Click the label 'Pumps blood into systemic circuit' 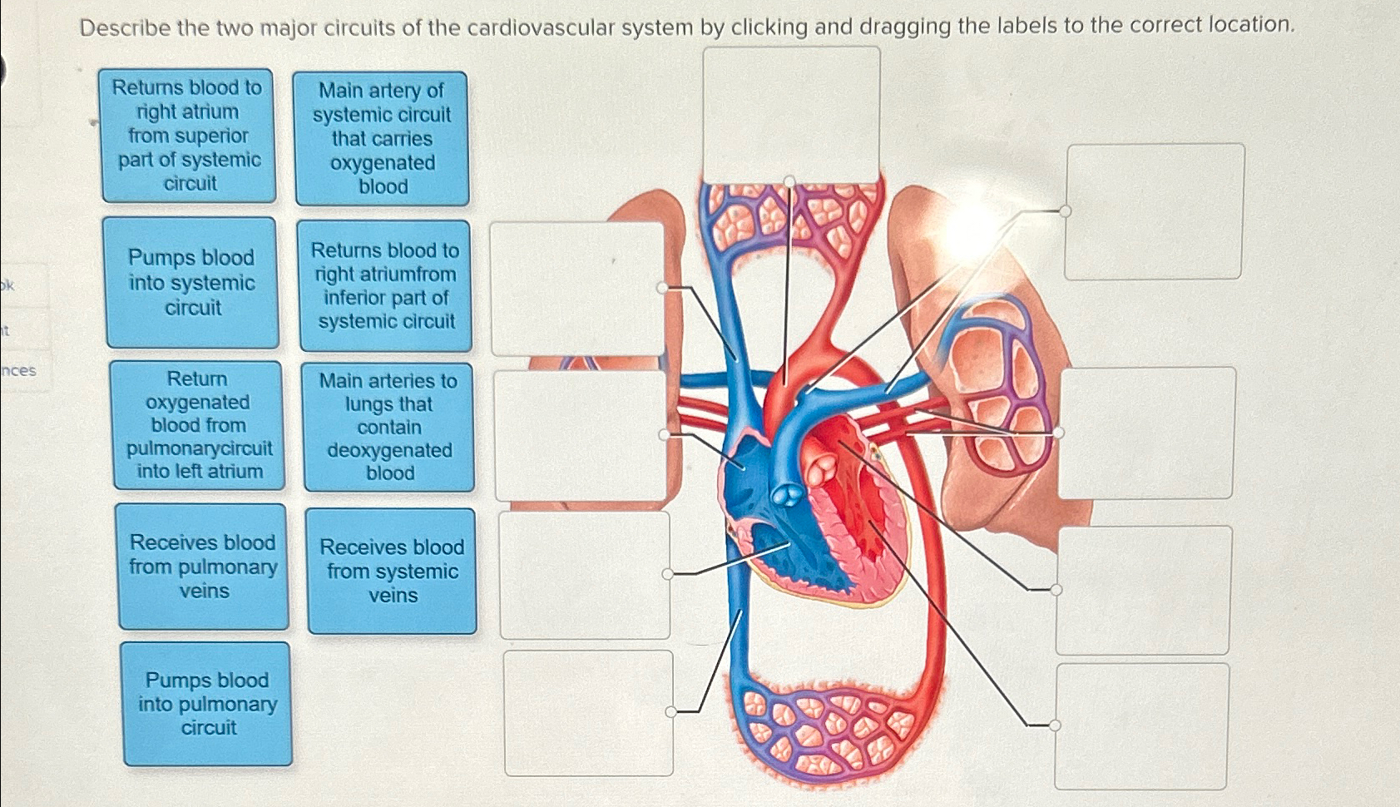coord(191,283)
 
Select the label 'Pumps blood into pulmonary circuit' coord(207,704)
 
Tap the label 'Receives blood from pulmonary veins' coord(203,567)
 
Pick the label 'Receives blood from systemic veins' coord(392,572)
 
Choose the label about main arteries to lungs coord(388,427)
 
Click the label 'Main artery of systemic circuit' coord(382,138)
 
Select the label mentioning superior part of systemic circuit coord(188,136)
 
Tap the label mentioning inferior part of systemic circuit coord(385,285)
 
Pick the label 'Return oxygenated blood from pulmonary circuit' coord(199,425)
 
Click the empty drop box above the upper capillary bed coord(791,114)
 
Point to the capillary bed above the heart coord(790,216)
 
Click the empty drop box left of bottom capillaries coord(588,713)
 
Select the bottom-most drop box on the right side coord(1141,726)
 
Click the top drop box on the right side coord(1155,211)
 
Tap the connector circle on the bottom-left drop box coord(670,712)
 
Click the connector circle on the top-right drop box coord(1065,210)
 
